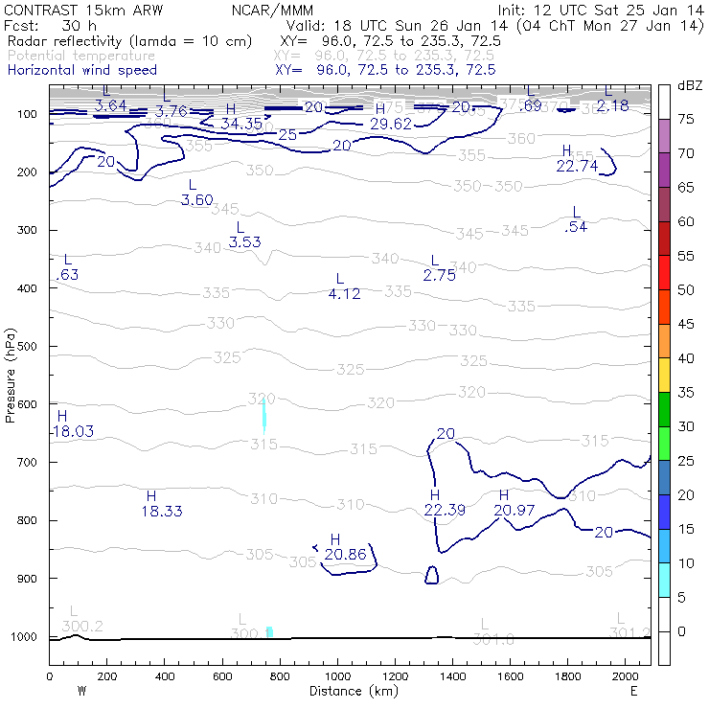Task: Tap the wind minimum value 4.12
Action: tap(344, 294)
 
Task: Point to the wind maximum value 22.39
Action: tap(445, 510)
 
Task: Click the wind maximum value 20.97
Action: tap(515, 510)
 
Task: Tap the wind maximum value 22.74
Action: tap(577, 165)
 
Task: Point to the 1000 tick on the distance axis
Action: tap(337, 676)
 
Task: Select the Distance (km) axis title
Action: tap(349, 691)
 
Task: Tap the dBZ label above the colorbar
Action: tap(690, 85)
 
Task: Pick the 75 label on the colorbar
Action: tap(686, 120)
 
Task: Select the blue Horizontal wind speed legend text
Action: tap(82, 70)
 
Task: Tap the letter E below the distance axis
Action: tap(633, 691)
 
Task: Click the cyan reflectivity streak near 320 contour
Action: tap(264, 416)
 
